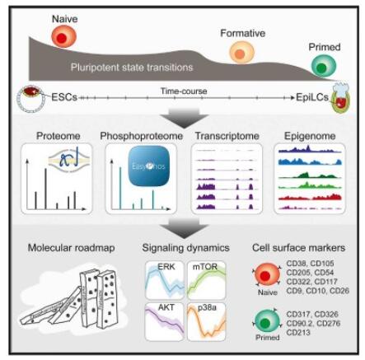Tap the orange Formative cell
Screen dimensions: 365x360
click(241, 53)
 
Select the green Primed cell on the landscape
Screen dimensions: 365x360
click(324, 66)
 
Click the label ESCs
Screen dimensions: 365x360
click(64, 97)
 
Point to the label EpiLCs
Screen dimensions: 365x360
click(312, 97)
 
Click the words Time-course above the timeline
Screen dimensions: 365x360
click(184, 91)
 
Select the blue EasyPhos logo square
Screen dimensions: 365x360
click(148, 167)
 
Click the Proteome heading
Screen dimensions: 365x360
click(58, 136)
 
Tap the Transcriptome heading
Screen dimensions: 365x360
click(227, 136)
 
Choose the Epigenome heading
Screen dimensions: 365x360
click(310, 136)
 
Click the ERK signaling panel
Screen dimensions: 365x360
click(164, 280)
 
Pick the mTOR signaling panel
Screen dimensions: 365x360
click(206, 280)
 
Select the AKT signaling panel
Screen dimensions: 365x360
click(164, 322)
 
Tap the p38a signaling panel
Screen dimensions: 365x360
click(206, 322)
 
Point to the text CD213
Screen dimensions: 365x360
click(298, 333)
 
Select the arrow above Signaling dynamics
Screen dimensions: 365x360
click(184, 228)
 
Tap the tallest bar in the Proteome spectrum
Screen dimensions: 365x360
click(45, 189)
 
